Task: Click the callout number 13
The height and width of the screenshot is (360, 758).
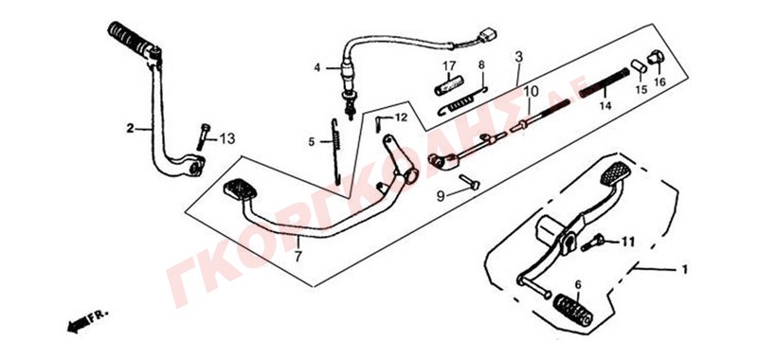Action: pos(227,139)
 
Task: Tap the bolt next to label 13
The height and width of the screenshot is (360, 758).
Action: pos(204,137)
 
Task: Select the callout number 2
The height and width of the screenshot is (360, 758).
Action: pos(130,129)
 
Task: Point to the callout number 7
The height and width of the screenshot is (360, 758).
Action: pos(298,257)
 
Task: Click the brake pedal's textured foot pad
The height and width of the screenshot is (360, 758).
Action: pos(241,189)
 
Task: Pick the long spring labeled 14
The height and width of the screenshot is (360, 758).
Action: pos(605,82)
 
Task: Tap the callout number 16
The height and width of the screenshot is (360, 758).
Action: pos(659,81)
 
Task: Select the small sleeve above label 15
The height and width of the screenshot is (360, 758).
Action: pos(640,66)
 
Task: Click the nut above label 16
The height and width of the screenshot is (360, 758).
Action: pos(656,57)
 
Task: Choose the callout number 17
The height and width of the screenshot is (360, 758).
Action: pos(449,65)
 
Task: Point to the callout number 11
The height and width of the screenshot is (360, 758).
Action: pos(627,242)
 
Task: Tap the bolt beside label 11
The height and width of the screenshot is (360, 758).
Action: pos(593,243)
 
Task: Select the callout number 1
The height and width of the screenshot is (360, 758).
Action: pos(684,270)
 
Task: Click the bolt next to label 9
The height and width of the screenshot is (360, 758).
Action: pos(469,182)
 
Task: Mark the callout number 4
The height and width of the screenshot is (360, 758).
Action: pos(317,67)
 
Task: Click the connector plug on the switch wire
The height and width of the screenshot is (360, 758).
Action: pos(487,36)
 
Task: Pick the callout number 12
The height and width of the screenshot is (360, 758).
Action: pos(401,117)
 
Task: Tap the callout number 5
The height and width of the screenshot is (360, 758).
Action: pos(312,142)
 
